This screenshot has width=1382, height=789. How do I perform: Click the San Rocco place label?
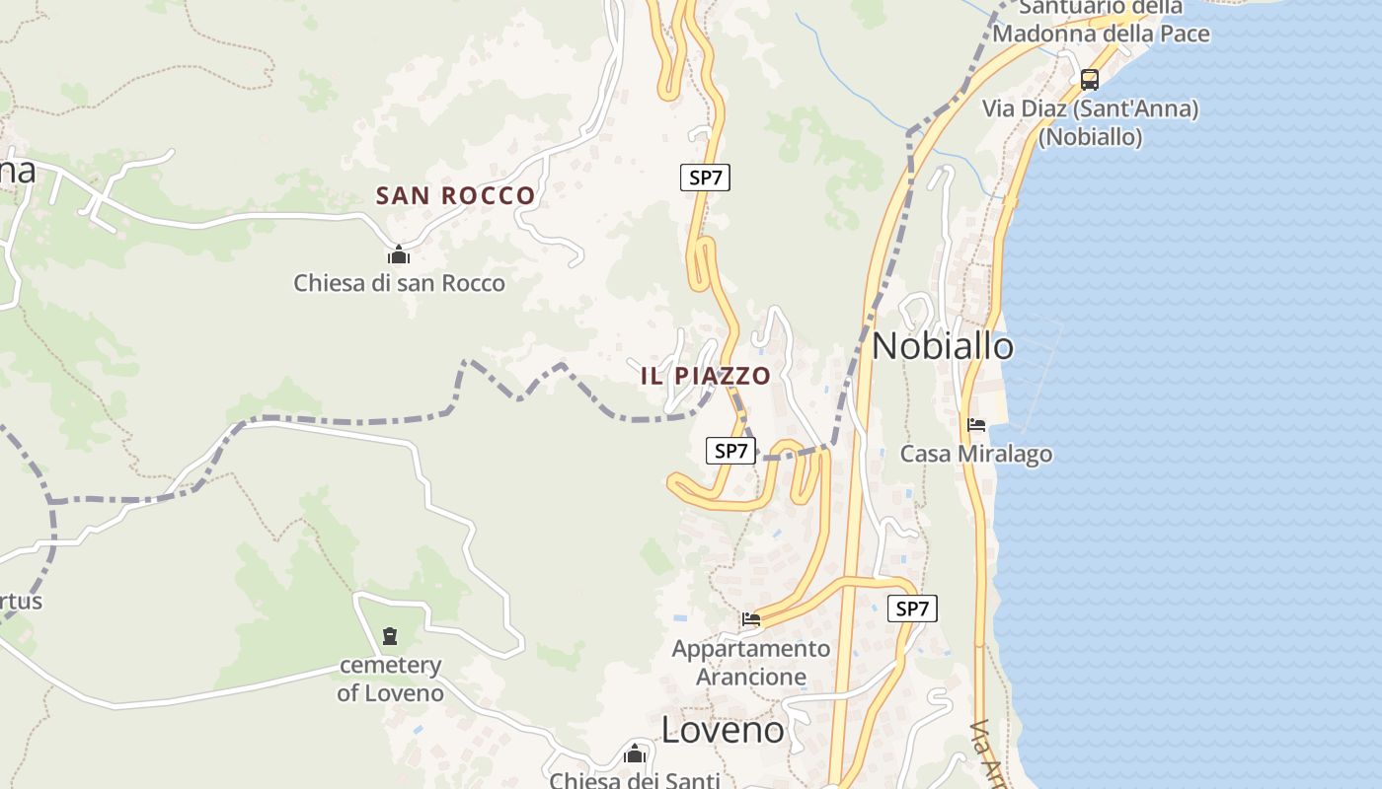(x=455, y=195)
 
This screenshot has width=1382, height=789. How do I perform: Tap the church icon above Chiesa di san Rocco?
(x=399, y=255)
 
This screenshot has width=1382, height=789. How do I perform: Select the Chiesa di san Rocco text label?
(x=399, y=283)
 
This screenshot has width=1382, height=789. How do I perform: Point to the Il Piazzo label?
(x=705, y=376)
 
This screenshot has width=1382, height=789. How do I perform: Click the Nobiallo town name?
(x=943, y=346)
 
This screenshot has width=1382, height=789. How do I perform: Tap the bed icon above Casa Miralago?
(x=976, y=425)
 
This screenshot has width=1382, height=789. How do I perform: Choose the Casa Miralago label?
(x=976, y=454)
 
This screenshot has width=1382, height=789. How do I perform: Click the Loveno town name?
(x=723, y=730)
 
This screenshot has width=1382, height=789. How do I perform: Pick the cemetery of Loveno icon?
(x=390, y=636)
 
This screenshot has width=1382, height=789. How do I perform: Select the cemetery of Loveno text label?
(x=391, y=679)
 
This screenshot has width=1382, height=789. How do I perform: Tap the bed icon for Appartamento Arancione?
(x=751, y=620)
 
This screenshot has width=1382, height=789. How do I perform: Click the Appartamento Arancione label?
(x=751, y=663)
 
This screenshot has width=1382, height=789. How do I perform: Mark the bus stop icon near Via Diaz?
(x=1089, y=80)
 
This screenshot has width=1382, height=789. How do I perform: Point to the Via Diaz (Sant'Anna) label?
(x=1090, y=108)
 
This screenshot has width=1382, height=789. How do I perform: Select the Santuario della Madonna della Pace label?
(x=1101, y=22)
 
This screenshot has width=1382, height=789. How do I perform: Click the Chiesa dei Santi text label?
(x=635, y=780)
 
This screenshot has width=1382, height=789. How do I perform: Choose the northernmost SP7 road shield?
(x=705, y=178)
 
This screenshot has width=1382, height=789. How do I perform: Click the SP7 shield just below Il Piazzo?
(x=730, y=451)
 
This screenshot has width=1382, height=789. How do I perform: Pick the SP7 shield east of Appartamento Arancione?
(x=912, y=609)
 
